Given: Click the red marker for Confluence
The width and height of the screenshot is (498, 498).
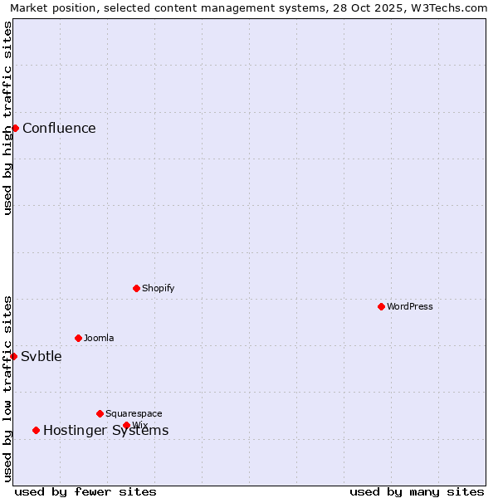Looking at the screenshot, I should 15,128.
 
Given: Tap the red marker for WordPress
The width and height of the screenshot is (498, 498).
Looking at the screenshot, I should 381,306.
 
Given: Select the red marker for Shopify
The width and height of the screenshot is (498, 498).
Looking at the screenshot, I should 136,288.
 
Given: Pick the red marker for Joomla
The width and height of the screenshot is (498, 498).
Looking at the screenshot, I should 78,338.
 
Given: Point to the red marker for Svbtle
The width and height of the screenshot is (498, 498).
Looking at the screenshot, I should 13,356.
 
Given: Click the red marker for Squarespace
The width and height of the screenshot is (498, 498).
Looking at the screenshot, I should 100,413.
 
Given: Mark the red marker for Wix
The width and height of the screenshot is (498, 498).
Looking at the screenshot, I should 126,425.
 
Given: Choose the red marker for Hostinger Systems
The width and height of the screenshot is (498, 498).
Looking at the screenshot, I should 36,430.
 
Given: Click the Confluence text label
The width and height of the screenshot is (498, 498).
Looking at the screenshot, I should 59,128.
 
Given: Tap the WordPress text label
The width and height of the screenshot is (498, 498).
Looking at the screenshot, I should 410,306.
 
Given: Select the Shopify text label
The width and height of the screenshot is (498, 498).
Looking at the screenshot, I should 158,288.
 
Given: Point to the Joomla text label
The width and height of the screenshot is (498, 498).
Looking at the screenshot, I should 99,338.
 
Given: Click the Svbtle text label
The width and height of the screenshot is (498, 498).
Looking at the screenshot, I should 41,356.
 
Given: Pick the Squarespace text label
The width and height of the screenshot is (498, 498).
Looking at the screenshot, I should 134,413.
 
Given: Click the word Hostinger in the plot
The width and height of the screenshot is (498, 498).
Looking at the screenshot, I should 76,430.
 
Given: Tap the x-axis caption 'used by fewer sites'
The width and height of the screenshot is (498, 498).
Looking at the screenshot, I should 85,491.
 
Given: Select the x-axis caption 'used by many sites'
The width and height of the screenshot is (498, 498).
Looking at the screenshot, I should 417,491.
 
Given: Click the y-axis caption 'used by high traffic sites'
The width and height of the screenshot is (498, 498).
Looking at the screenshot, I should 7,118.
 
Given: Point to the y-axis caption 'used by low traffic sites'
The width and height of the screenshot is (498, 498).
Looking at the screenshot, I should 7,388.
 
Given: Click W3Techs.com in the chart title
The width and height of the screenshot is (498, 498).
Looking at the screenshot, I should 447,8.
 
